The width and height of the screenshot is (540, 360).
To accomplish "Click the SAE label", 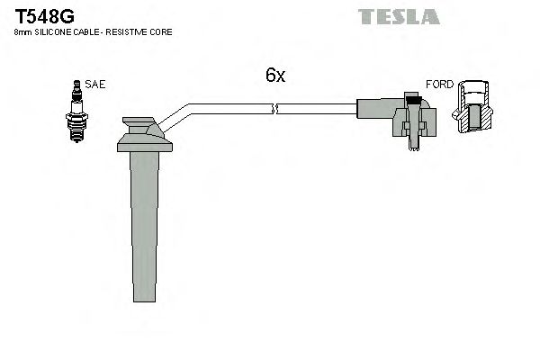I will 95,84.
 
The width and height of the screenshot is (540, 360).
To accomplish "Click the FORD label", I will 439,84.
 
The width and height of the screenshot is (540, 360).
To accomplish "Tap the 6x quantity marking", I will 275,76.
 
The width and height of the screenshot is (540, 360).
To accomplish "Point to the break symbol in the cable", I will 276,110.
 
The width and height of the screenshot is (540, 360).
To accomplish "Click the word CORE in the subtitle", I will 163,32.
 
